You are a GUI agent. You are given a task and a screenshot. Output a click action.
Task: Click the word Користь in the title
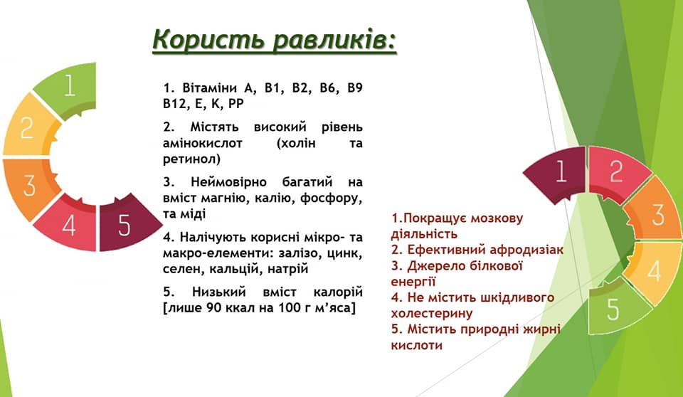[x=208, y=40]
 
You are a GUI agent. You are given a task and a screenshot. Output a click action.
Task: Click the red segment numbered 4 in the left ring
[x=68, y=224]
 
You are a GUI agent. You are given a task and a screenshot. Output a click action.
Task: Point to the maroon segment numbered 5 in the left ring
[x=127, y=223]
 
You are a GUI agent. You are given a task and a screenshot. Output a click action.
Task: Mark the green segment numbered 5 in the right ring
[x=615, y=309]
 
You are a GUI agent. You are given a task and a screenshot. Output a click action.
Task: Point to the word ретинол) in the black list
[x=191, y=159]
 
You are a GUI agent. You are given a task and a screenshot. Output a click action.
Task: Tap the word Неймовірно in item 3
[x=229, y=182]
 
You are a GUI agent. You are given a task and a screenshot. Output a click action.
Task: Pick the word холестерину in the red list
[x=432, y=313]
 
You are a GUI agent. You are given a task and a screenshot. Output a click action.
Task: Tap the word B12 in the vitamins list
[x=174, y=104]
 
